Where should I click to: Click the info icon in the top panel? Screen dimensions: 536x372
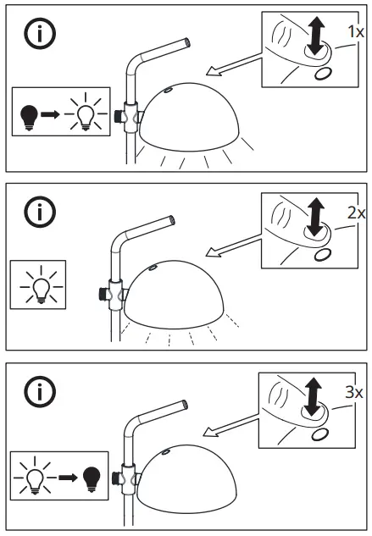[x=40, y=36]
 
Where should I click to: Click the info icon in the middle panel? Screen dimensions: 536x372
[x=40, y=211]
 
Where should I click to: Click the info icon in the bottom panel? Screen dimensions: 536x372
[x=40, y=391]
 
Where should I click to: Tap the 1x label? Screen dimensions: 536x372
[x=355, y=33]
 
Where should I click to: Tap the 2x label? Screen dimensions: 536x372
[x=355, y=213]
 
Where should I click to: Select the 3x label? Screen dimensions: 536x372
[x=355, y=393]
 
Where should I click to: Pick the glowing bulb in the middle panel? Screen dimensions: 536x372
[x=37, y=285]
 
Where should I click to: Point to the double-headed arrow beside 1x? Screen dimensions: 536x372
[x=314, y=35]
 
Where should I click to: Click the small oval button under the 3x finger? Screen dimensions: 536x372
[x=320, y=434]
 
